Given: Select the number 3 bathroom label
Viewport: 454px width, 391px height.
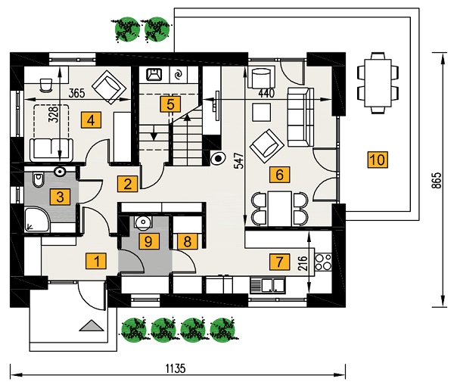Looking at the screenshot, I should pyautogui.click(x=57, y=197).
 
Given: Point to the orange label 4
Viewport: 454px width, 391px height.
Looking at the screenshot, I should pyautogui.click(x=91, y=119).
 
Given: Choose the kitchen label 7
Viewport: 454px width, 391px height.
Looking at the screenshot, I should pyautogui.click(x=279, y=262).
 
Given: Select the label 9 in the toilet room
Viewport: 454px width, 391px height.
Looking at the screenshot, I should pyautogui.click(x=149, y=241).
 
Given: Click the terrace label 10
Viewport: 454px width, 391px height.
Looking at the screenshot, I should pyautogui.click(x=376, y=160).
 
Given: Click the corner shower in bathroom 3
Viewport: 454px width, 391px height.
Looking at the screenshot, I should pyautogui.click(x=35, y=220).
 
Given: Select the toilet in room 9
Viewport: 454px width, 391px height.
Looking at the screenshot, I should pyautogui.click(x=141, y=223).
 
